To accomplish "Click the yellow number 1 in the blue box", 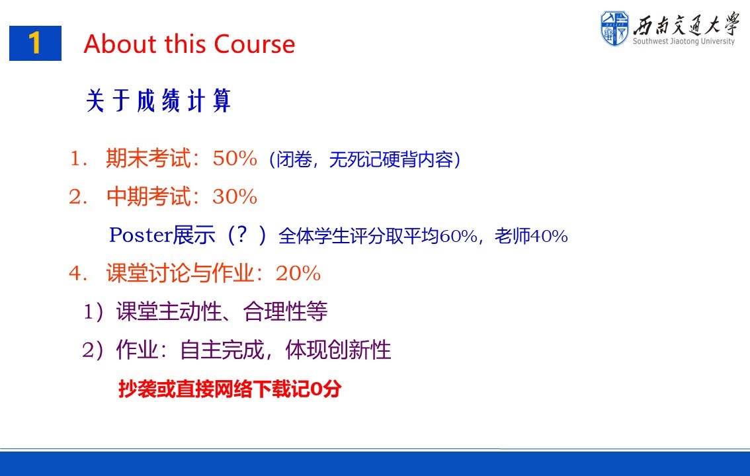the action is click(x=34, y=43).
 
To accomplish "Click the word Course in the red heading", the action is click(x=254, y=44).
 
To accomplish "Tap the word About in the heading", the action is click(x=120, y=44).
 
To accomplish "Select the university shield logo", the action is click(x=614, y=28).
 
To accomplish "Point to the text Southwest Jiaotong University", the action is click(x=683, y=41).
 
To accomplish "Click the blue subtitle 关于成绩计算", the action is click(x=158, y=101).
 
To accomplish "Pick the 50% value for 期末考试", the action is click(x=235, y=158).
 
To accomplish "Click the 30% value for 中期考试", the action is click(x=235, y=196).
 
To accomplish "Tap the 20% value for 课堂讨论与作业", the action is click(x=298, y=273).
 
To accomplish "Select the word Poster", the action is click(x=141, y=235).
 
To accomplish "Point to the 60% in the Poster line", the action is click(x=458, y=236).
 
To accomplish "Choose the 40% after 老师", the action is click(x=549, y=236).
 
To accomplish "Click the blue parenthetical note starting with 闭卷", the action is click(x=365, y=159).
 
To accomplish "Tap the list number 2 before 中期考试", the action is click(x=75, y=196).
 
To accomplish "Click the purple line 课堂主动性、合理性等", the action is click(x=222, y=311).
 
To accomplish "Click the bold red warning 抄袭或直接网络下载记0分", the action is click(x=230, y=389).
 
